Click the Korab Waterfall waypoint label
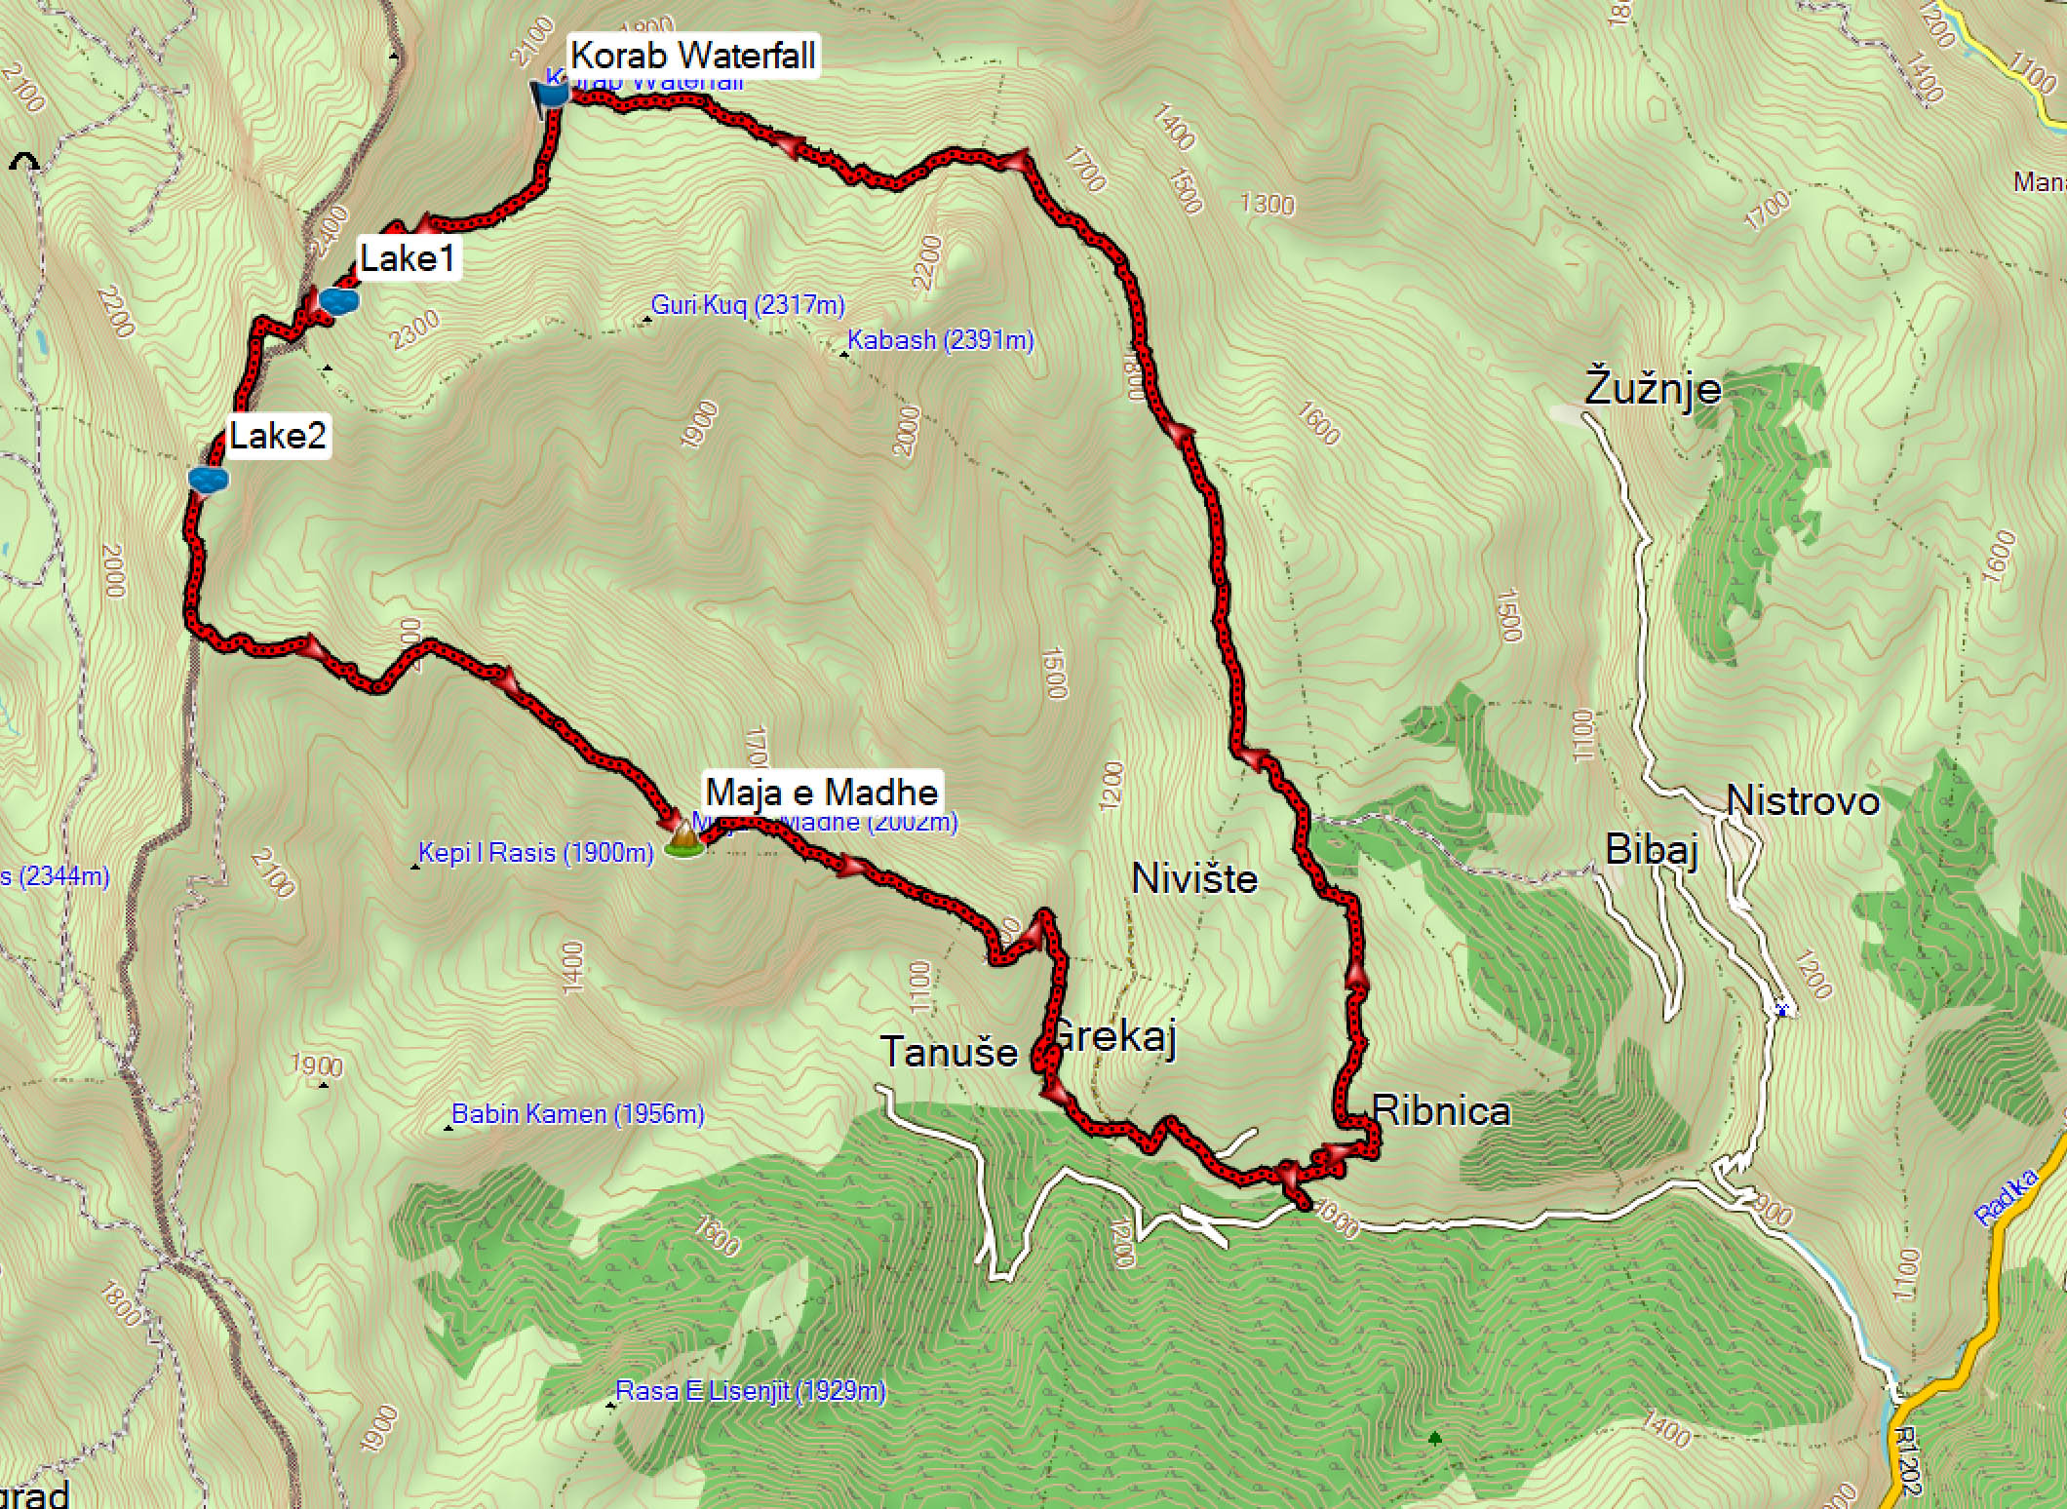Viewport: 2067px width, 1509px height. (x=692, y=55)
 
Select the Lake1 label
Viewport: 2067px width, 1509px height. (x=408, y=258)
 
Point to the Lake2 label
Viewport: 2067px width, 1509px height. (x=277, y=435)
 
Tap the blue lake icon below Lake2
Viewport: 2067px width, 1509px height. (x=209, y=479)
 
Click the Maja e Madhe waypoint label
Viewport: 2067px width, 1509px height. (x=822, y=792)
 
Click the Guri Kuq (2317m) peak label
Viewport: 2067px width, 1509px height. (x=748, y=305)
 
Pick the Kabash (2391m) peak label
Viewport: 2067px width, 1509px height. (x=940, y=340)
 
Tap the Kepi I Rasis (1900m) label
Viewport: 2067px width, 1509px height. (x=535, y=853)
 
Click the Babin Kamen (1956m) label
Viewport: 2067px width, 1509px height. (x=577, y=1113)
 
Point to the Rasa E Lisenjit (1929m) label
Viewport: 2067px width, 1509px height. (x=750, y=1390)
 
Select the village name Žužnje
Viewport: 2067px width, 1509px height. (x=1653, y=388)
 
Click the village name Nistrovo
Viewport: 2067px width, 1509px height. (x=1803, y=801)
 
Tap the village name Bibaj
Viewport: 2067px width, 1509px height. (x=1652, y=850)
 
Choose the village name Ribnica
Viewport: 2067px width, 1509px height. (x=1441, y=1110)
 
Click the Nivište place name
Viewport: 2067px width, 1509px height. (x=1194, y=879)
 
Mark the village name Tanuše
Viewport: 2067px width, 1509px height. (x=949, y=1053)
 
